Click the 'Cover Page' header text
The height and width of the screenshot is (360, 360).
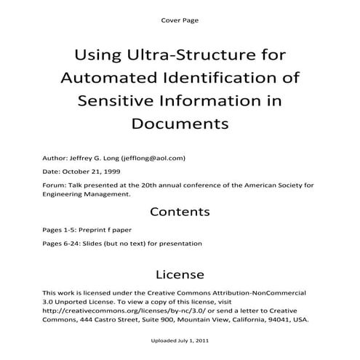point(179,20)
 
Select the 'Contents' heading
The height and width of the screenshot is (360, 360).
point(180,212)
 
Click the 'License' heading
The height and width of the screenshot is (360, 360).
point(180,274)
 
